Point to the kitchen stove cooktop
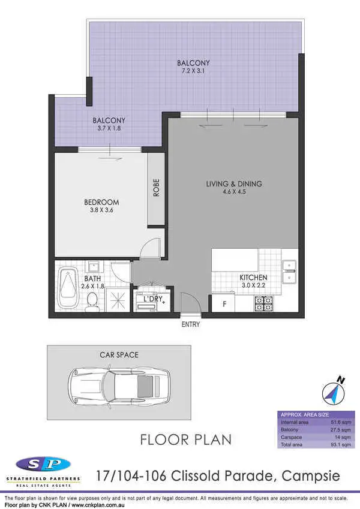(x=264, y=304)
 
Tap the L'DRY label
(x=153, y=298)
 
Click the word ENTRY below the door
(x=190, y=324)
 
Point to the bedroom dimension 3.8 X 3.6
(x=101, y=210)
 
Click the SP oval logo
(x=43, y=463)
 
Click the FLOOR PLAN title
(x=185, y=439)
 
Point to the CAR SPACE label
(x=119, y=355)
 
